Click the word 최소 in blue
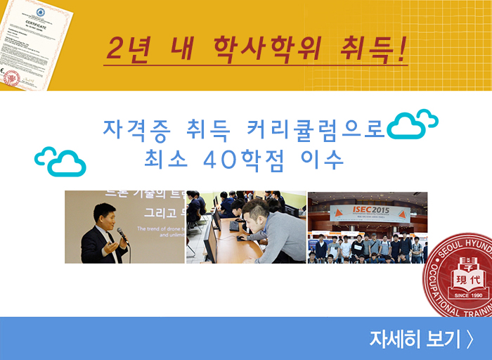click(165, 159)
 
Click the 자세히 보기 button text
click(415, 339)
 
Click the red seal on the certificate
click(11, 77)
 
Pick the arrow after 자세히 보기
click(469, 339)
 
